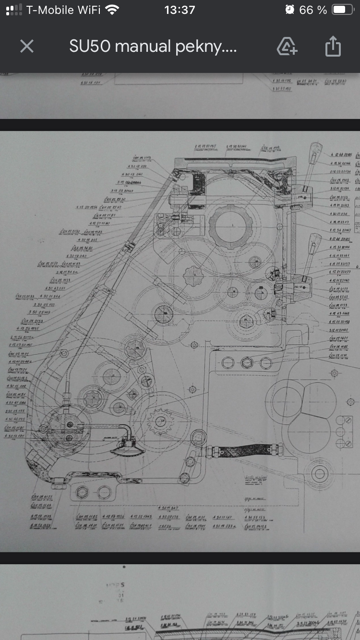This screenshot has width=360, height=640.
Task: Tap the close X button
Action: click(x=27, y=47)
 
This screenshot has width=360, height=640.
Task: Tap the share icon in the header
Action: click(x=333, y=47)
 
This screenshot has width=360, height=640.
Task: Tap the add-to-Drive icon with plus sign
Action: click(x=287, y=47)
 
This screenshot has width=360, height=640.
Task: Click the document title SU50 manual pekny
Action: click(x=153, y=47)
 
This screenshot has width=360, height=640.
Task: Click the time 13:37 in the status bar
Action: click(x=180, y=10)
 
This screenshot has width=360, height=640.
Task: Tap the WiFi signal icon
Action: click(x=112, y=10)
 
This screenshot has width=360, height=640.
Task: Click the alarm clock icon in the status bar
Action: click(x=289, y=10)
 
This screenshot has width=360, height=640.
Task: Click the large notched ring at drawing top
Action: click(x=232, y=225)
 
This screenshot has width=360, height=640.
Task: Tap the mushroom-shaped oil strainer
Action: click(x=127, y=448)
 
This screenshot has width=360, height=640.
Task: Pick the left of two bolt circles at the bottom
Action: click(x=83, y=492)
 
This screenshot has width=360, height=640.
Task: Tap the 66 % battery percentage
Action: click(x=312, y=10)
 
